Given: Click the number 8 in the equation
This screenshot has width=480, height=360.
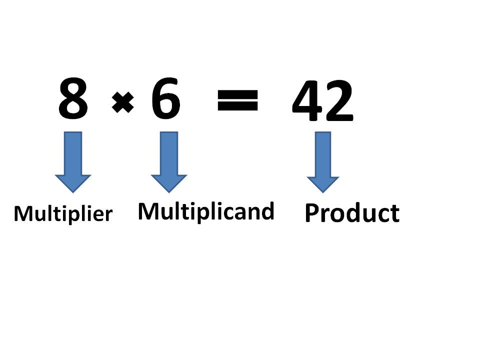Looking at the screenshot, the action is [73, 99].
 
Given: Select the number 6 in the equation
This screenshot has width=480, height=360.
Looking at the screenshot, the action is [165, 98].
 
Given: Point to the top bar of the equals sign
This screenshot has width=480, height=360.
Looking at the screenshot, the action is [238, 94].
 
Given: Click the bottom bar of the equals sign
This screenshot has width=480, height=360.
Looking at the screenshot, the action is [238, 107].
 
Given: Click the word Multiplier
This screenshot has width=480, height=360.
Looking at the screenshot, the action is [63, 214].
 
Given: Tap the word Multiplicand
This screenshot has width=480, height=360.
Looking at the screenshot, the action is [206, 211].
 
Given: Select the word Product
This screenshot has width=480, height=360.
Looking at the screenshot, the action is [352, 213].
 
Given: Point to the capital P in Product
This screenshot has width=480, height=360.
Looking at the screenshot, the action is [312, 213].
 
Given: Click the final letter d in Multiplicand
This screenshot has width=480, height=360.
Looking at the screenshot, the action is [268, 211].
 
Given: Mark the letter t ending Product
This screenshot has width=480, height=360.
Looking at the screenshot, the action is [395, 214].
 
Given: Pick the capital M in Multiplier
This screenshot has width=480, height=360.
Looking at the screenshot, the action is [23, 214].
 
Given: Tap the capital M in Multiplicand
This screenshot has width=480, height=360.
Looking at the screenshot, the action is [148, 211].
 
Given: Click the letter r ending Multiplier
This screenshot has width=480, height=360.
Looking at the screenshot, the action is [109, 215].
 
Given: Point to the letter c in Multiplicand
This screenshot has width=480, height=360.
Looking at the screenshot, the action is [228, 212].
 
